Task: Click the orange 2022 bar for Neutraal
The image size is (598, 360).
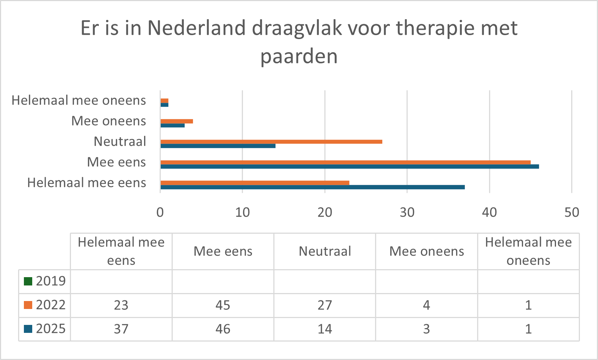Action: (x=271, y=141)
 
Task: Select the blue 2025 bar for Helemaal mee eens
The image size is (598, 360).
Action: (x=312, y=187)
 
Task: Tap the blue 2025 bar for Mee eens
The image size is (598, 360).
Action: (x=349, y=166)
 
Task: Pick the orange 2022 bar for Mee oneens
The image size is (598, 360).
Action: (x=177, y=121)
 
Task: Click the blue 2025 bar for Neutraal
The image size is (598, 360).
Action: (x=218, y=146)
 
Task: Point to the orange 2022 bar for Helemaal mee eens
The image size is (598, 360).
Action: (x=255, y=183)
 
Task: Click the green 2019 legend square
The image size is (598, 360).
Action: (x=28, y=281)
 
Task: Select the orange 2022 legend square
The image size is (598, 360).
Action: (x=28, y=305)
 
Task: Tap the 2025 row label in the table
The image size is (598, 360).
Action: (x=51, y=329)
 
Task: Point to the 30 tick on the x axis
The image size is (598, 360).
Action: (x=407, y=212)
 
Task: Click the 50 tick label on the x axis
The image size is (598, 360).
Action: (x=572, y=212)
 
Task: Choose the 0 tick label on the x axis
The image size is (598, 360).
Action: (x=160, y=212)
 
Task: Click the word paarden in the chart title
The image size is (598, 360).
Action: (x=299, y=56)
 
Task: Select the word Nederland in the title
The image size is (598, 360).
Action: (x=197, y=28)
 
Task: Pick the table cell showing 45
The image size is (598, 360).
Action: (x=223, y=305)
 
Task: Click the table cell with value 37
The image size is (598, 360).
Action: (x=121, y=329)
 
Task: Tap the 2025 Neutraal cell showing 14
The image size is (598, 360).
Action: (x=325, y=329)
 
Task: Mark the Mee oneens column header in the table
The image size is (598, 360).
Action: (x=426, y=251)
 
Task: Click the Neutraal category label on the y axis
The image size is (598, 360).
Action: (x=120, y=141)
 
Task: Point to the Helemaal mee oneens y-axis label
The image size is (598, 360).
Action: (x=79, y=100)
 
